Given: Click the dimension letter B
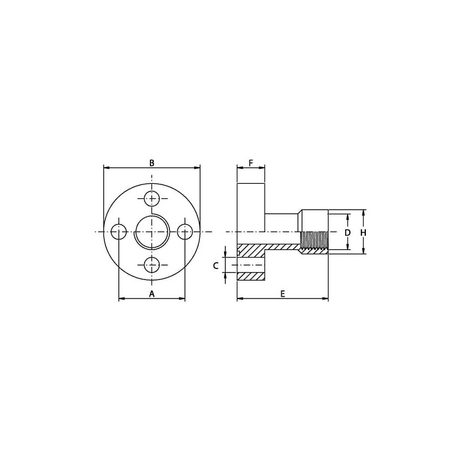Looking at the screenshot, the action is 152,163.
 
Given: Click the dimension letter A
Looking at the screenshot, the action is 152,294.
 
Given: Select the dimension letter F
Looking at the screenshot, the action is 251,163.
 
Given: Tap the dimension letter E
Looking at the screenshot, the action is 282,294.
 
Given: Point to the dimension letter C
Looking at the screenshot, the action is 216,266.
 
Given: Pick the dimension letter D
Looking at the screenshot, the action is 347,233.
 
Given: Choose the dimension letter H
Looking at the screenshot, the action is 364,233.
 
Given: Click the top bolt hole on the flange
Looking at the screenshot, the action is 152,199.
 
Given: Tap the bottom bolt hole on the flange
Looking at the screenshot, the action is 152,265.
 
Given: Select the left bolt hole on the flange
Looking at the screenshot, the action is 119,232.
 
